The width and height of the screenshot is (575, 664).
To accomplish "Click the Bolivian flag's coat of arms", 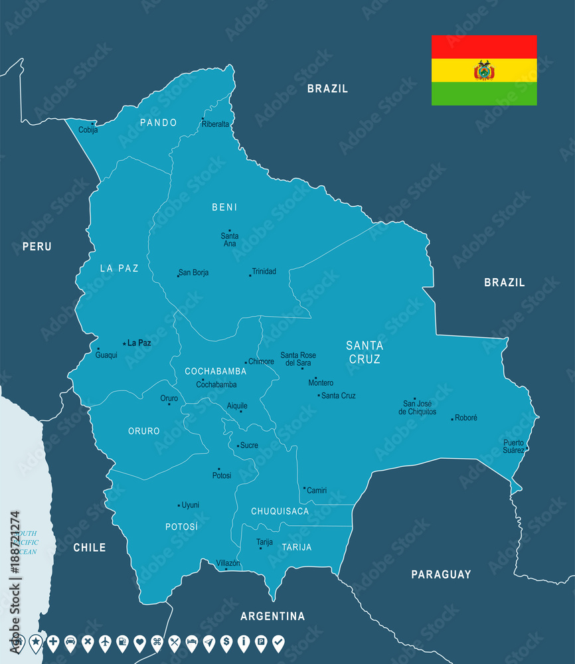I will tap(484, 70).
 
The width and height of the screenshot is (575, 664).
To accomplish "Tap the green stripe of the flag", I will tap(484, 94).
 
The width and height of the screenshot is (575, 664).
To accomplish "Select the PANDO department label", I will tap(158, 123).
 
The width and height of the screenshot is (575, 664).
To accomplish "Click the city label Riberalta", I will tap(216, 124).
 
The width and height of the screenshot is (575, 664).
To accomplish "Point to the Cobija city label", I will tap(88, 130).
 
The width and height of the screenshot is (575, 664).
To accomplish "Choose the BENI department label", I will tap(224, 207).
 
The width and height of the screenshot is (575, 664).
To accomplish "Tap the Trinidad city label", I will tap(264, 272).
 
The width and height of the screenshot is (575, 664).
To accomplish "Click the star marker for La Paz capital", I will tap(124, 343).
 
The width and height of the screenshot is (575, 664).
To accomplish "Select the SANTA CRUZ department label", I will tap(365, 352).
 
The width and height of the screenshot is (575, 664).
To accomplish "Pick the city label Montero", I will tap(321, 383).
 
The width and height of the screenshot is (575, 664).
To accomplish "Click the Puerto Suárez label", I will tap(513, 446).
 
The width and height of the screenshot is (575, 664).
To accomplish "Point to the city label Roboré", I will tap(466, 418).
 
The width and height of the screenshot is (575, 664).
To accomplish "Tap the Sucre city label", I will tap(249, 446).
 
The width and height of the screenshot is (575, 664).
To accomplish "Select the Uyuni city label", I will tap(191, 505).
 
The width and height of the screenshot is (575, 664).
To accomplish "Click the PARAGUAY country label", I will tap(441, 574).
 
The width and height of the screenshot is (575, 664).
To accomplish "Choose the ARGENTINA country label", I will tap(272, 616).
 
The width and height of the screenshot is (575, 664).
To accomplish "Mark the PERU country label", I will tap(37, 246).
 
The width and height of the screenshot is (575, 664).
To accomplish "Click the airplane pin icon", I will tap(105, 642).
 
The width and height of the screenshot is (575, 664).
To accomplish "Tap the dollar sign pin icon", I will tap(226, 642).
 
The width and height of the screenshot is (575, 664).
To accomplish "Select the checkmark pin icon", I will tap(278, 642).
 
